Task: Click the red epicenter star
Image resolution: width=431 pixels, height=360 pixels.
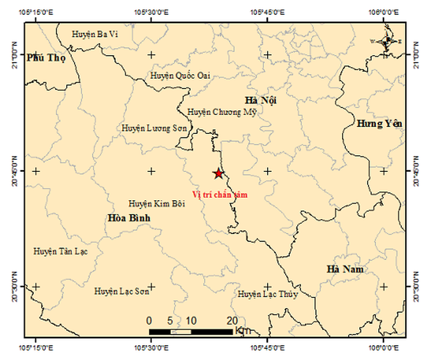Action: pos(218,174)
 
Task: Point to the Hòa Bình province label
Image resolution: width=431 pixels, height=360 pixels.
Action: pos(129,217)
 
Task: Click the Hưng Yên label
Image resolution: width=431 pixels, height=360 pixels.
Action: pos(379,124)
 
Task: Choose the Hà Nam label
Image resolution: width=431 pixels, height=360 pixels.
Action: pos(345,269)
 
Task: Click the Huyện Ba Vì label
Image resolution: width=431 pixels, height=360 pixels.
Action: pos(95,35)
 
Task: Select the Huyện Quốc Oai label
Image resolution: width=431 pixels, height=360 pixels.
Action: pos(180,75)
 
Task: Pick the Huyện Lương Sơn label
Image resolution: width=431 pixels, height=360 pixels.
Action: pos(154,128)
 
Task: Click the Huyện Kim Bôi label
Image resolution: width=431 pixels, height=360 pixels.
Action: pos(156,204)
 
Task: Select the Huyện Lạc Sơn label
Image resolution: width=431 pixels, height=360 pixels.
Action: pos(122,292)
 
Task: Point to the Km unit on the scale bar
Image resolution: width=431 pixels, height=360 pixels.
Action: pos(242,331)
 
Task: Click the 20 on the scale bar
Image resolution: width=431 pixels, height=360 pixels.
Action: pos(232,320)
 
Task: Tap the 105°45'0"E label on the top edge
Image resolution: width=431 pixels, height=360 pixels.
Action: pos(268,12)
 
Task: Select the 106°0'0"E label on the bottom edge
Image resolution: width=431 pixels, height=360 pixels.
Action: pos(383,347)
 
